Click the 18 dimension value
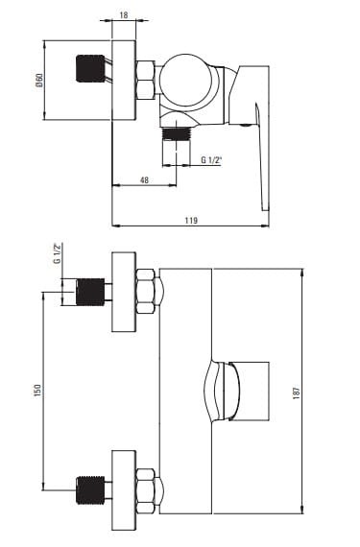tap(124, 15)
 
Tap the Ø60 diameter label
tap(39, 80)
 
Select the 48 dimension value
tap(144, 180)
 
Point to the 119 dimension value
tap(191, 221)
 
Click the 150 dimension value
tap(37, 391)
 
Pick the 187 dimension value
tap(297, 392)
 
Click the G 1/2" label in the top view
tap(211, 160)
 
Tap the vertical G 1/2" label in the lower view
tap(58, 253)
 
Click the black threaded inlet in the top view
tap(90, 68)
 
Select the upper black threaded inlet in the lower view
tap(90, 292)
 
